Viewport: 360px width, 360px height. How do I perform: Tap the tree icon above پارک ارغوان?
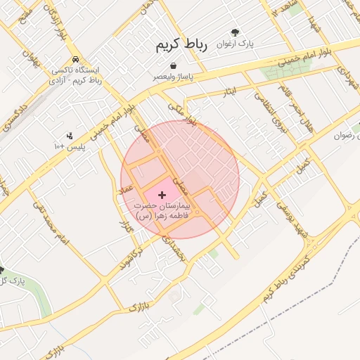[x=235, y=32]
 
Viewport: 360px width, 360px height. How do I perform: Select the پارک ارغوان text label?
[x=235, y=44]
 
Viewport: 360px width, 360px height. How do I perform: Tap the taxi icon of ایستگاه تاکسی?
[x=75, y=60]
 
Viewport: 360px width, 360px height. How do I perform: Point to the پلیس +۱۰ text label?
[x=69, y=146]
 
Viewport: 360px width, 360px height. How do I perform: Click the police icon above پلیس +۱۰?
[x=69, y=136]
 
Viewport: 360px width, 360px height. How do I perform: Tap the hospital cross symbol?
[x=162, y=194]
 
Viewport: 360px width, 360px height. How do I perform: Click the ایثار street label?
[x=230, y=91]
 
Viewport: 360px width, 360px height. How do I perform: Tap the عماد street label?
[x=127, y=191]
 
